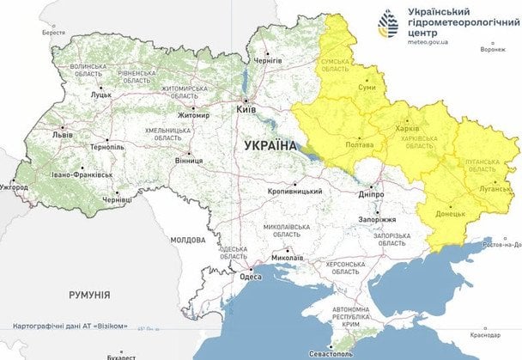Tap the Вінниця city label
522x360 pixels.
pos(188,160)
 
